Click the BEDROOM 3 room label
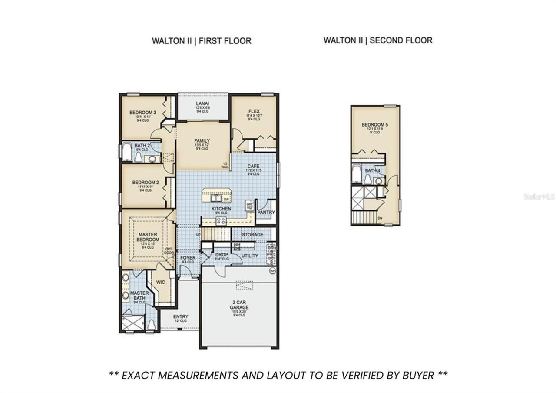pos(143,113)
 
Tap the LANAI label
pos(202,103)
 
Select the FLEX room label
pos(254,111)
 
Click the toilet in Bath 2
pos(139,158)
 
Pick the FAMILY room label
pos(202,141)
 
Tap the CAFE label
pos(253,166)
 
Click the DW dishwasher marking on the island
pos(226,199)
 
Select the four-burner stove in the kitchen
pos(221,220)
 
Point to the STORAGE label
pos(252,235)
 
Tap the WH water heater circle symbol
pos(273,270)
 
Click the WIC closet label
pos(161,282)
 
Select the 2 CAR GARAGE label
pos(239,304)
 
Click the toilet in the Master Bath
pos(151,325)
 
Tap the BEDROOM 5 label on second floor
pos(375,125)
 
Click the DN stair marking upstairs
pos(381,218)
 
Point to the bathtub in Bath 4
pos(356,174)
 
